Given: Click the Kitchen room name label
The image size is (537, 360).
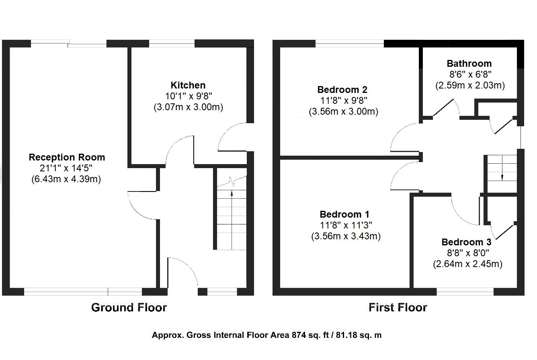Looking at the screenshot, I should click(188, 85).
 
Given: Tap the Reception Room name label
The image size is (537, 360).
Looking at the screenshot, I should click(67, 157).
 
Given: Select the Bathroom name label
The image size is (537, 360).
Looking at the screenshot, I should click(469, 64).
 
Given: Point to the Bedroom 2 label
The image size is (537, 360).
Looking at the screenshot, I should click(342, 90).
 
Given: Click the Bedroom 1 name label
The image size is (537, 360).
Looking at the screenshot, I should click(344, 214).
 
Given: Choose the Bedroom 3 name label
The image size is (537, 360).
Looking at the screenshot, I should click(466, 242).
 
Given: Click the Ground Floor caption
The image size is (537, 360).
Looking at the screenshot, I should click(129, 308).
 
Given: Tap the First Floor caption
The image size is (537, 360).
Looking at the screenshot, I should click(398, 308).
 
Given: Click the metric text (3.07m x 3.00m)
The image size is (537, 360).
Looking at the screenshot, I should click(188, 107).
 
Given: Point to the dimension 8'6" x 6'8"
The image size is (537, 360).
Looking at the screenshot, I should click(469, 74).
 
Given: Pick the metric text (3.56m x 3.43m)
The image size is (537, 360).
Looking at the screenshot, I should click(346, 237).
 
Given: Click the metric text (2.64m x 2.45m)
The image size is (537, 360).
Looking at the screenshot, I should click(467, 264).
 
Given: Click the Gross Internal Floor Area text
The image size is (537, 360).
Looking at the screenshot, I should click(266, 335).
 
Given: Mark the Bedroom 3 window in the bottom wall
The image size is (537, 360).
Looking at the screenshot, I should click(465, 292).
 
